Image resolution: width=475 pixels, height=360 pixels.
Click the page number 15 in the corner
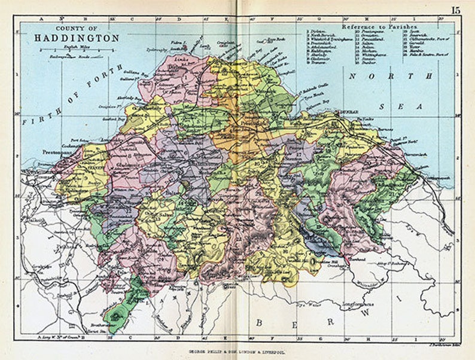(456, 9)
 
